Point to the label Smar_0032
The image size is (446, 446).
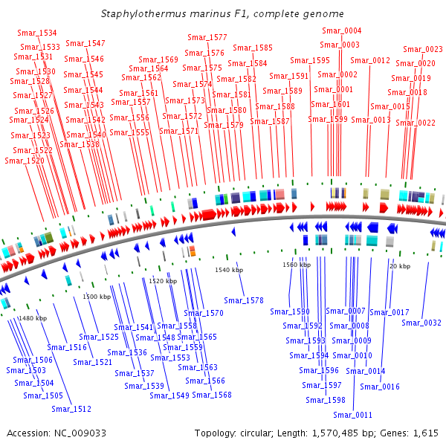point(421,323)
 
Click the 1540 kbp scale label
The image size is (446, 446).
point(229,270)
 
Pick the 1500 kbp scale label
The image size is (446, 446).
point(97,297)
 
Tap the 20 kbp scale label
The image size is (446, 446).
point(400,265)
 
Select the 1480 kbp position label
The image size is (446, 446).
point(32,318)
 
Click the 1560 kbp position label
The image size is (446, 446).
point(297,265)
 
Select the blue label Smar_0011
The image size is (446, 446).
point(352,415)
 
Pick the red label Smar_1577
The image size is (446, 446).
point(207,37)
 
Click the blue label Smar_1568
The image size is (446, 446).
point(212,395)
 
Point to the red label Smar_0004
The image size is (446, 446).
point(341,30)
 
